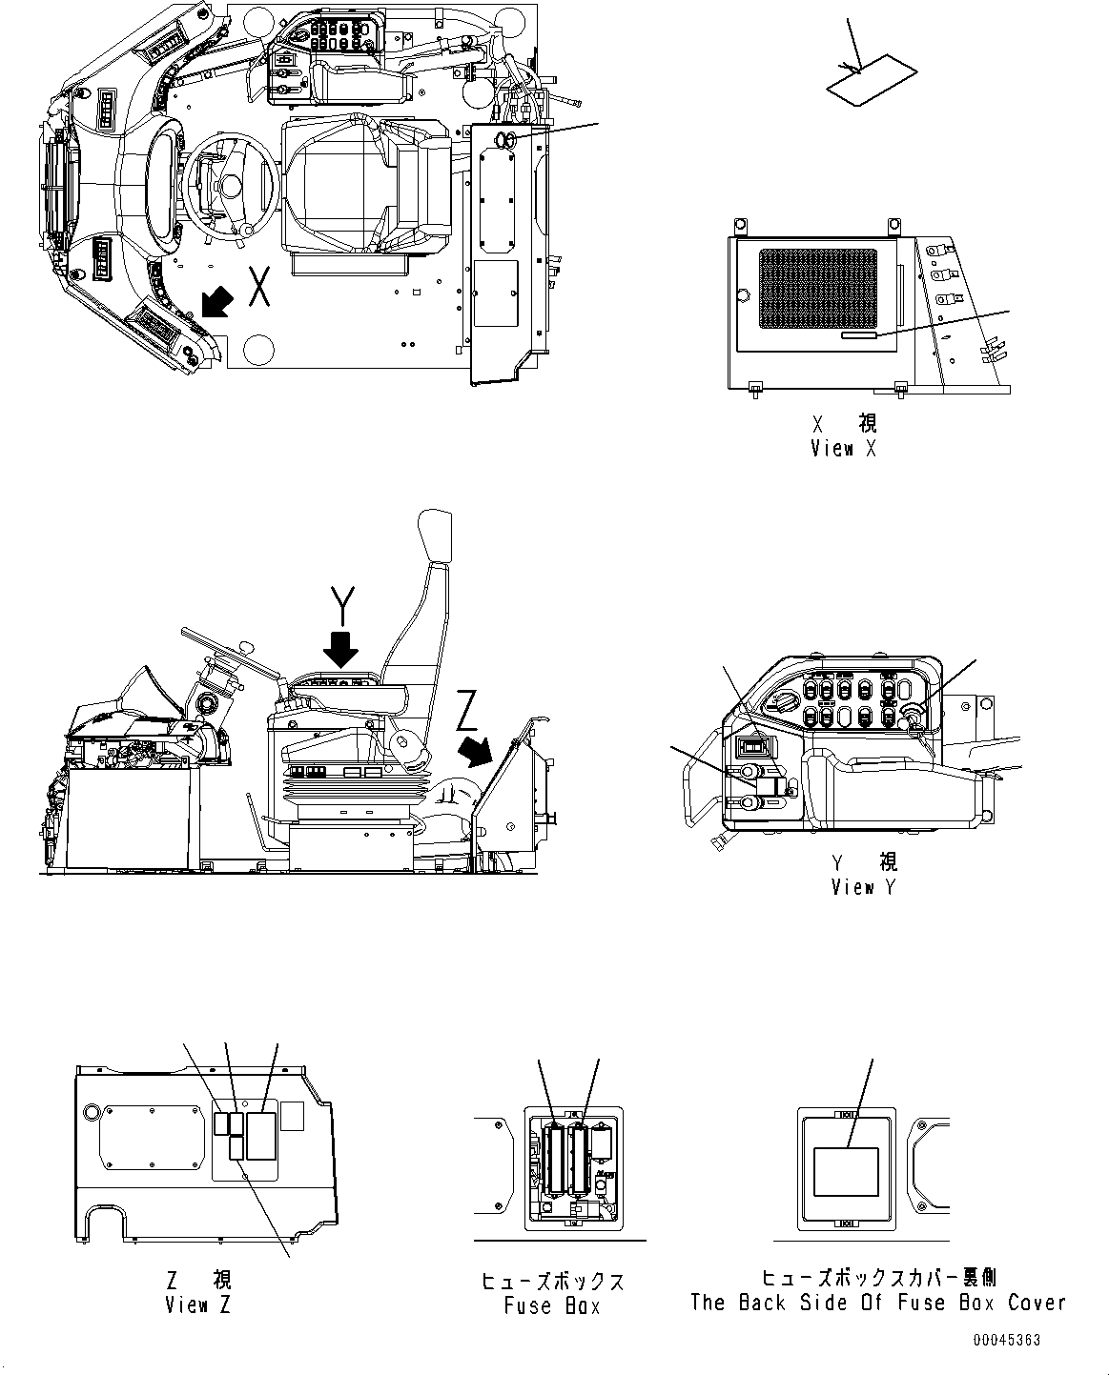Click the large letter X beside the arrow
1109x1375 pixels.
point(258,287)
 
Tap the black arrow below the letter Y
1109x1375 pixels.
point(340,650)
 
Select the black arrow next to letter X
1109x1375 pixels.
point(216,304)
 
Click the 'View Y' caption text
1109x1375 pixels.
point(865,887)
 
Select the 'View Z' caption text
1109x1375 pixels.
point(197,1305)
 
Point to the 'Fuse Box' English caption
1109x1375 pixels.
point(552,1305)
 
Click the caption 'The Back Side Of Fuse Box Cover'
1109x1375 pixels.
point(877,1303)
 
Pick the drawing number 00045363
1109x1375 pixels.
point(1007,1340)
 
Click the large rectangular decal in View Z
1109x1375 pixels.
point(261,1135)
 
